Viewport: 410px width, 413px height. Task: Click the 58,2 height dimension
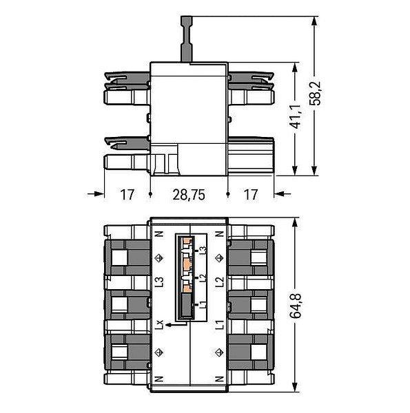click(315, 93)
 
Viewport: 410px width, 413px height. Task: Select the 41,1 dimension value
click(296, 116)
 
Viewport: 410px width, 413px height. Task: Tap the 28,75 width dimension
click(189, 195)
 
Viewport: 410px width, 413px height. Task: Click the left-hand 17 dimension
click(127, 195)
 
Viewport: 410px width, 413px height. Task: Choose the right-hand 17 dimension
click(251, 195)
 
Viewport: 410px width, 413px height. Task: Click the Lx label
click(159, 324)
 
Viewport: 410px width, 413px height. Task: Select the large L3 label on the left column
click(159, 282)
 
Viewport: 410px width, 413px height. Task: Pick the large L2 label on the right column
click(220, 282)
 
